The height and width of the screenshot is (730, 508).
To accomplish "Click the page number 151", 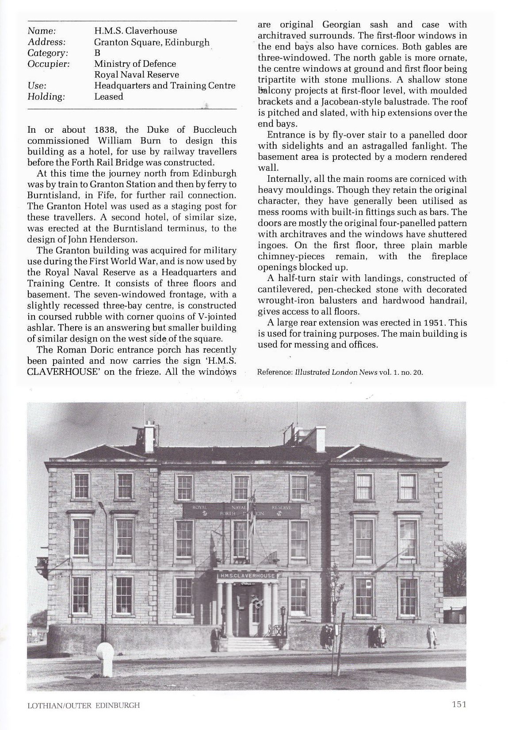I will (x=459, y=704).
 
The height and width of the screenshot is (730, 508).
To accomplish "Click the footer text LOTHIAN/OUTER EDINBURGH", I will (x=84, y=705).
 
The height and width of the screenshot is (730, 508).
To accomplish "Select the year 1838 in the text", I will (x=105, y=130).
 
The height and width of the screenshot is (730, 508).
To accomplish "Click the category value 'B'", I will (x=97, y=53).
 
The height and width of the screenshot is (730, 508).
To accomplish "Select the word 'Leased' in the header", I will (x=108, y=96).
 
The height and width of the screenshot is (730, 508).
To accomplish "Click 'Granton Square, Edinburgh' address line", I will (x=152, y=42).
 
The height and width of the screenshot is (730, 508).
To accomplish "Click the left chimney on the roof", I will (x=149, y=434).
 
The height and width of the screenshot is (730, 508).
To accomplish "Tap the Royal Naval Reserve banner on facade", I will (x=241, y=510).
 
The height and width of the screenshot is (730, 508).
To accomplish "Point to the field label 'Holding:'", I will (x=46, y=96).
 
